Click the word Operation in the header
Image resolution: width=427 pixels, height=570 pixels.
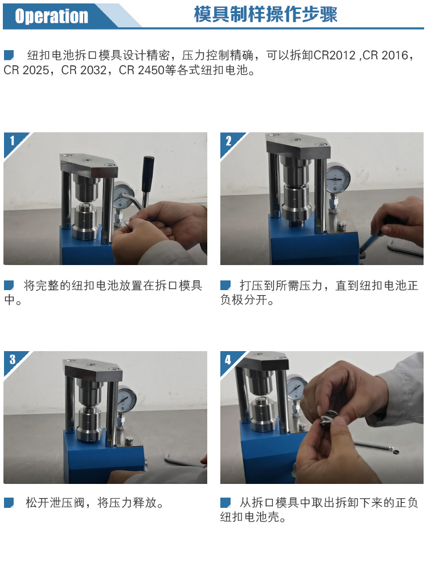52,16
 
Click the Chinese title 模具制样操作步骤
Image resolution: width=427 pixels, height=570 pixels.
266,15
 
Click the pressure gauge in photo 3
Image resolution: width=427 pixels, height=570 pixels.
127,398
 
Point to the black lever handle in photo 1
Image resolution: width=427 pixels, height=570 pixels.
147,174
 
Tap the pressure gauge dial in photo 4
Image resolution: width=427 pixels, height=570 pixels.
295,388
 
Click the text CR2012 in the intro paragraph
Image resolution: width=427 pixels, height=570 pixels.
334,55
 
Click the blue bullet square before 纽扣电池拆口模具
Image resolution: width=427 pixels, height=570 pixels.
9,55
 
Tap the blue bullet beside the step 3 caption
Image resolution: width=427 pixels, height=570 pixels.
9,503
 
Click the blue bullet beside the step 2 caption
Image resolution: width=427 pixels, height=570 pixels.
225,286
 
